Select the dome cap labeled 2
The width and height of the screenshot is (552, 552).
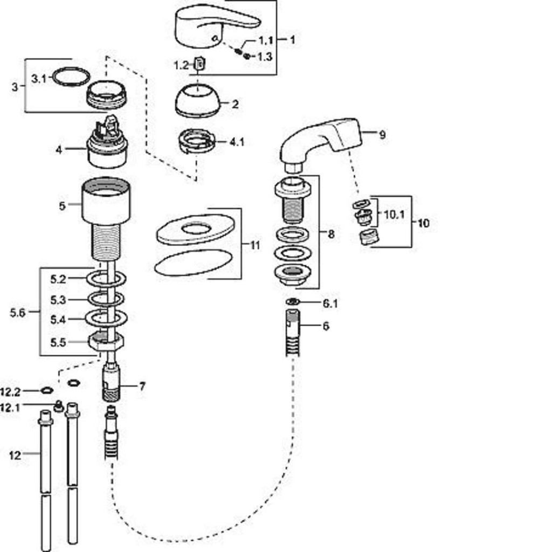click(198, 101)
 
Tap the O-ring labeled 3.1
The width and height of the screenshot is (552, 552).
click(71, 77)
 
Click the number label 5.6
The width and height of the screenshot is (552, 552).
click(17, 312)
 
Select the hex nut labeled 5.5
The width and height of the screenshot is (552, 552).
click(106, 342)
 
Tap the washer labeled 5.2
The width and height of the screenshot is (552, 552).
click(106, 279)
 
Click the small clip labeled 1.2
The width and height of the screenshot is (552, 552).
click(201, 64)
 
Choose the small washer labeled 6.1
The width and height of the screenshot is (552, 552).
click(292, 301)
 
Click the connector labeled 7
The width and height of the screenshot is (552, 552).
click(112, 384)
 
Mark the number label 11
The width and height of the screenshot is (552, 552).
click(255, 245)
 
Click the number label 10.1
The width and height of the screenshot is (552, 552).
click(394, 214)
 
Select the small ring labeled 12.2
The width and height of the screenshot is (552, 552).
click(46, 390)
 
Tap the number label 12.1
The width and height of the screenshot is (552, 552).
click(10, 408)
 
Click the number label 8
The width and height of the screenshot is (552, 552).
click(330, 234)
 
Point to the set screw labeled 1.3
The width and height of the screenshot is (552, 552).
click(247, 56)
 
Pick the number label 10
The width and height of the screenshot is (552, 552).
click(424, 223)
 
